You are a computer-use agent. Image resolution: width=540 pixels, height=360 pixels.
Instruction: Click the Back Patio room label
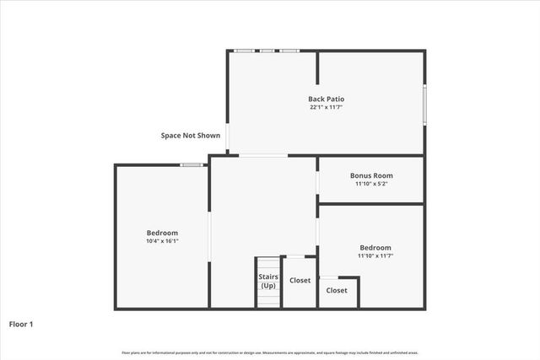(326, 99)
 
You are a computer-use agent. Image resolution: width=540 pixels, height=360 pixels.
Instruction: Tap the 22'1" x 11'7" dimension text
(326, 108)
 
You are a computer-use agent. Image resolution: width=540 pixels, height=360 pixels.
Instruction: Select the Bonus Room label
(371, 175)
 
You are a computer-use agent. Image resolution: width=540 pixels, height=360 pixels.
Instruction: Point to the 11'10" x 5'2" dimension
(371, 184)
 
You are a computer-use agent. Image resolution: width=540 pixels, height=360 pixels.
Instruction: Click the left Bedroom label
(162, 233)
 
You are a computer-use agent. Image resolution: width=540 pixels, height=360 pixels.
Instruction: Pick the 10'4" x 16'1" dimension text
(162, 241)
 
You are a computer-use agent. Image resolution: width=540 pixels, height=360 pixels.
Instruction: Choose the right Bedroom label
(375, 248)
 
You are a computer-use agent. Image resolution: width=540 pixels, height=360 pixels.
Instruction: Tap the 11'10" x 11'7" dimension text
(375, 256)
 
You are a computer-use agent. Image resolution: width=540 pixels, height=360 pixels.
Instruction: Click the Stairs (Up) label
(268, 281)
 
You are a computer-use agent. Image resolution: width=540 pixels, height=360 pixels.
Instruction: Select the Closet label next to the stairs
(300, 281)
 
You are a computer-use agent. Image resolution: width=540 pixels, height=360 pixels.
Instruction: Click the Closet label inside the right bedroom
(337, 290)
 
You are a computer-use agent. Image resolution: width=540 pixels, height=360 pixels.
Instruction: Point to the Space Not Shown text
(191, 135)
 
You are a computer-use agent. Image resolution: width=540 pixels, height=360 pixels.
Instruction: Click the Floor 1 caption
(21, 323)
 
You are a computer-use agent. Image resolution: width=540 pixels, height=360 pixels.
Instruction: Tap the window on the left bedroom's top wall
(192, 165)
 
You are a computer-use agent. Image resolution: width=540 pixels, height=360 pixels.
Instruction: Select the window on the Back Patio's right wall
(424, 103)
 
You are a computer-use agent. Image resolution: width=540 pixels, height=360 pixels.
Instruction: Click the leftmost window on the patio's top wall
(245, 51)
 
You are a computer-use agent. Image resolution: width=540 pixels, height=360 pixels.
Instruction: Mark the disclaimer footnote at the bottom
(270, 352)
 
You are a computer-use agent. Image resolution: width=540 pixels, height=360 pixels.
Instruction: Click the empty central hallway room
(262, 211)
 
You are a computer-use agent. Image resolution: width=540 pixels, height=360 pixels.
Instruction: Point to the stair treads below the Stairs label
(268, 299)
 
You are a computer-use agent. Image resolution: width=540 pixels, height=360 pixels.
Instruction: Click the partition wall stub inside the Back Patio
(317, 67)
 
